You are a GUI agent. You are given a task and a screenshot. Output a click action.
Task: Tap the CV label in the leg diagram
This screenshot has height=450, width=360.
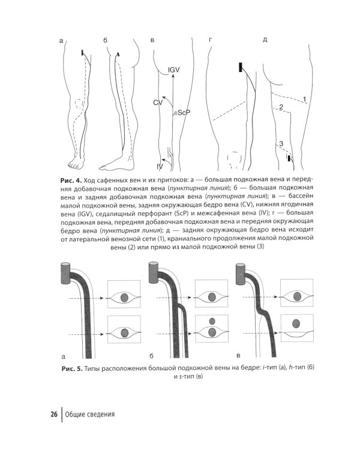(x=158, y=103)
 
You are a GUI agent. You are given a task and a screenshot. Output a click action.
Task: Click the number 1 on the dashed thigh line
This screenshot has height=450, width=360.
(x=305, y=98)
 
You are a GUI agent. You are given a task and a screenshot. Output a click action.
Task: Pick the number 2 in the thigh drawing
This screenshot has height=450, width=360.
(x=280, y=108)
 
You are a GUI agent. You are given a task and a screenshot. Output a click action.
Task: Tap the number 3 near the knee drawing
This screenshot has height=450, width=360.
(x=280, y=143)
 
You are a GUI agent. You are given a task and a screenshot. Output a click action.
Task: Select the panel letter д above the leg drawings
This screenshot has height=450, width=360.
(x=265, y=41)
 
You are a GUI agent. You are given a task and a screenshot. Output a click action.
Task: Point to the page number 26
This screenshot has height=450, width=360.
(x=54, y=414)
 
